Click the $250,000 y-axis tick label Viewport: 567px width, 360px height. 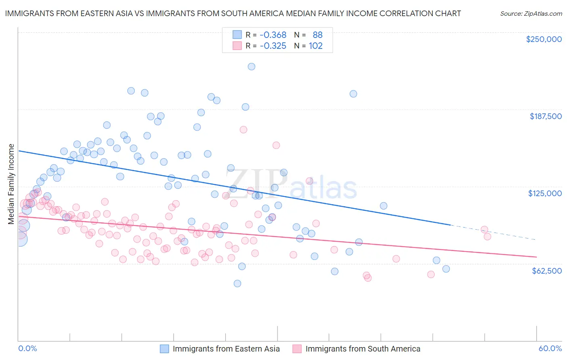[544, 39]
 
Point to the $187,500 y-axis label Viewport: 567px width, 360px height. [546, 116]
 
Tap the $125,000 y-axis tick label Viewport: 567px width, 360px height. [545, 193]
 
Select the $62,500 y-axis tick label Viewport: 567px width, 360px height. [547, 271]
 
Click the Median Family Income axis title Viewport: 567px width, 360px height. [11, 184]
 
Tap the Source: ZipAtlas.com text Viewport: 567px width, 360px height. [531, 14]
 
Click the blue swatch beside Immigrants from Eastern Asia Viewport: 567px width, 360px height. [165, 349]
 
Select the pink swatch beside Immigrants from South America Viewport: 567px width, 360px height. [297, 349]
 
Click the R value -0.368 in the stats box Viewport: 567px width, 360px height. [273, 35]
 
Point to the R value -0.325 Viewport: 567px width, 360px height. [273, 46]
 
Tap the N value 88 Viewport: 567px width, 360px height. [317, 35]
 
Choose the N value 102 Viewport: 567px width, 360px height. [316, 46]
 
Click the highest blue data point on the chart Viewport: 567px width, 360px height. [251, 67]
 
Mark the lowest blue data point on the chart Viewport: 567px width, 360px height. [238, 284]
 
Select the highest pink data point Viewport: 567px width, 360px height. [243, 130]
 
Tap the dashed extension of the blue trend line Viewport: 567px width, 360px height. [492, 232]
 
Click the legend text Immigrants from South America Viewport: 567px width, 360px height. [363, 349]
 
